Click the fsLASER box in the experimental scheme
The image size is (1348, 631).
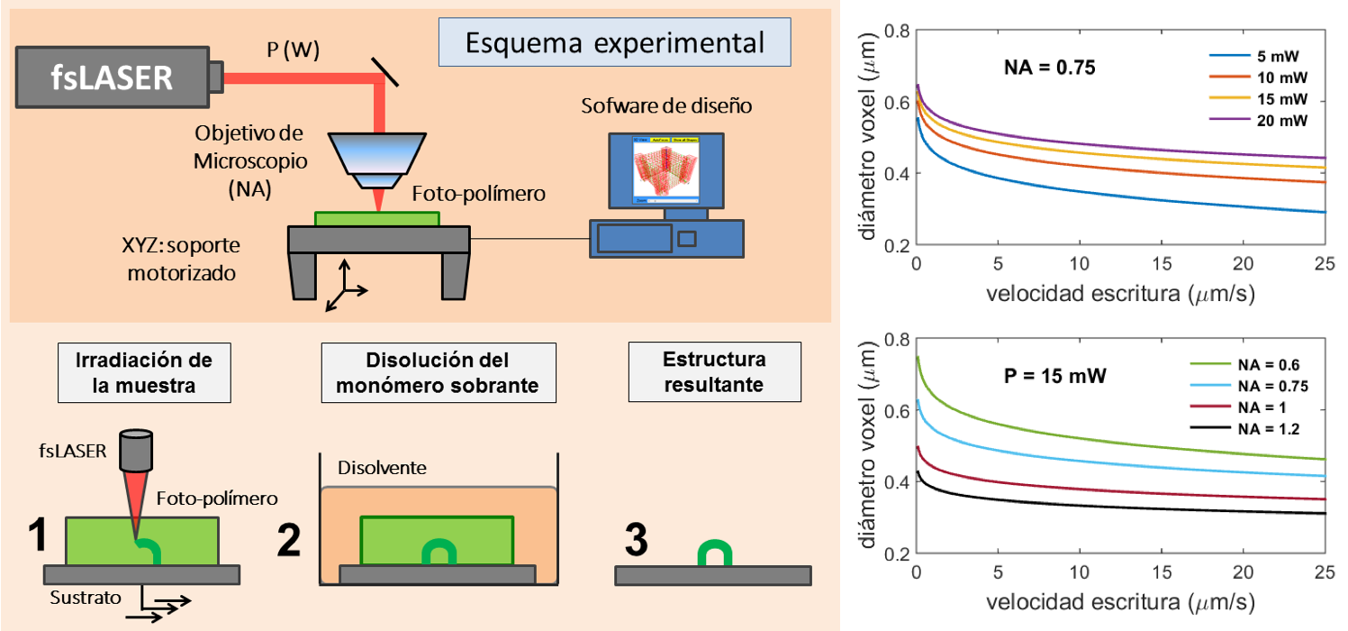113,78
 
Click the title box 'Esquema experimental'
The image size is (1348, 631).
614,42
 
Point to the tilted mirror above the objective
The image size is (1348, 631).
384,72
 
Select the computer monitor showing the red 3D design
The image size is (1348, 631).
666,170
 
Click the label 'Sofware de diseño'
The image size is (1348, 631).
666,106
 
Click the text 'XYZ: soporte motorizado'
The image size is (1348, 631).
181,259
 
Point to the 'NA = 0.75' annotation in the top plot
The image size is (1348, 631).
1050,68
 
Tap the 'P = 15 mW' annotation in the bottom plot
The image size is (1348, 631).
1055,376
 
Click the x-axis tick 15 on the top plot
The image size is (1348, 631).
1162,263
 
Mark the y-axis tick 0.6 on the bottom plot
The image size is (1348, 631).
897,411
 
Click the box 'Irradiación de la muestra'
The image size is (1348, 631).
144,372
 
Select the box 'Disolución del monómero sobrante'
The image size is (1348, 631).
439,372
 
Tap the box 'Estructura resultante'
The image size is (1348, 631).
714,372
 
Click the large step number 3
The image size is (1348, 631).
636,539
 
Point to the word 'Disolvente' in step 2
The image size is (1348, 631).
382,468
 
